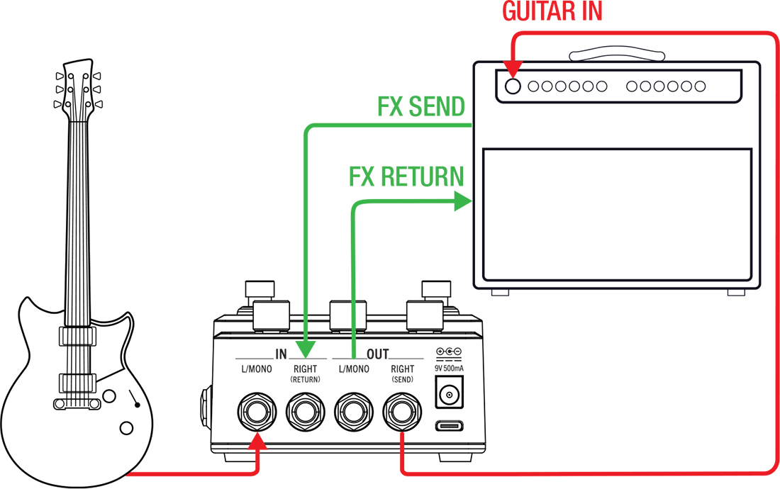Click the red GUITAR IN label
pos(552,11)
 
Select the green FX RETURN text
pos(406,176)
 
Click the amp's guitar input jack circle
pos(512,86)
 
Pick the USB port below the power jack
pos(450,426)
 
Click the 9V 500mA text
pos(449,368)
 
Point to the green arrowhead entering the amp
pos(463,202)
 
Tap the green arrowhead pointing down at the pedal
pos(306,349)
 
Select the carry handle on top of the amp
pos(615,53)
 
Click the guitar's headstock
pos(77,89)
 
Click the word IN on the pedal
pos(281,354)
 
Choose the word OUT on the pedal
pos(378,354)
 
